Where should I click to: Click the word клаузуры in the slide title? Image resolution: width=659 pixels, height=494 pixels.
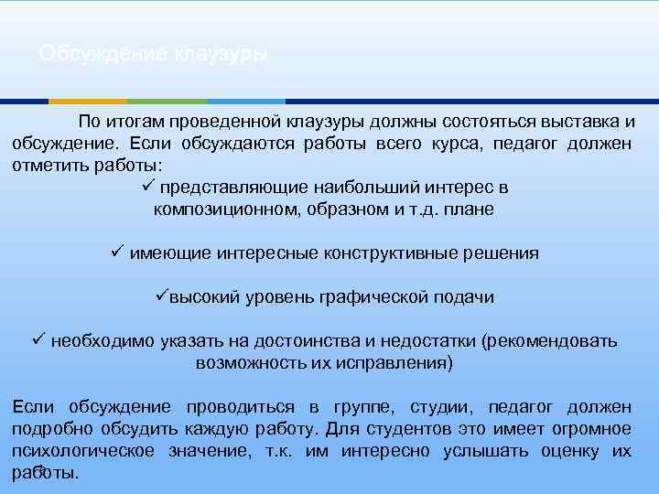coord(219,55)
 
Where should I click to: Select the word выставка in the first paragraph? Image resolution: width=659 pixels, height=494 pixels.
coord(571,122)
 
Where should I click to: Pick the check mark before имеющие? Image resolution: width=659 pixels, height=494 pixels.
coord(116,252)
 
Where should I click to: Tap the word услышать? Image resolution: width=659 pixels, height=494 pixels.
coord(486,451)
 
